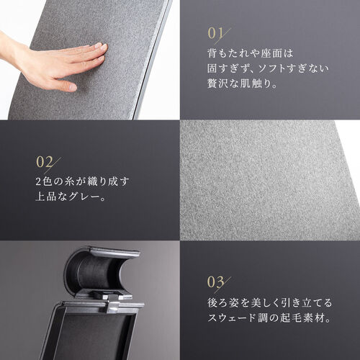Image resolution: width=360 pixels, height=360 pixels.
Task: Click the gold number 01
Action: tap(215, 33)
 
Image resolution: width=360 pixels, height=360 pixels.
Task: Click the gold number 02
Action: tap(45, 162)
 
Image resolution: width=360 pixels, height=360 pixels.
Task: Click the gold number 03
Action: tap(215, 282)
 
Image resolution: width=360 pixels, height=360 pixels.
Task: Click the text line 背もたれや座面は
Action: tap(251, 53)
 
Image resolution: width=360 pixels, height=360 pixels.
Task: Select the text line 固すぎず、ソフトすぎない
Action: tap(268, 68)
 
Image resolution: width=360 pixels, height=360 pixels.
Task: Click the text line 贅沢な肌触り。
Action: tap(243, 84)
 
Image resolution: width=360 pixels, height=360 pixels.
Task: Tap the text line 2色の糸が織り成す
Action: tap(82, 181)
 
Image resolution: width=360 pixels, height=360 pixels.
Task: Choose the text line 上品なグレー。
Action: tap(71, 197)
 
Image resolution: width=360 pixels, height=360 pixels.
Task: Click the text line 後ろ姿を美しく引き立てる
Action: tap(269, 302)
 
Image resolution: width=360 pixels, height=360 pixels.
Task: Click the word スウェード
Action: tap(232, 318)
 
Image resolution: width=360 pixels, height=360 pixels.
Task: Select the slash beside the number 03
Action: tap(222, 285)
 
